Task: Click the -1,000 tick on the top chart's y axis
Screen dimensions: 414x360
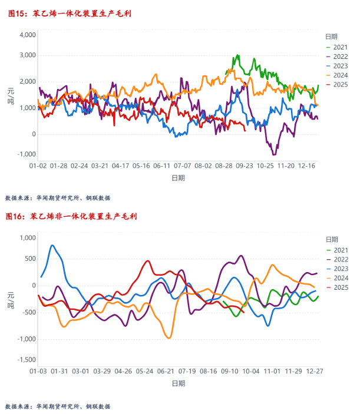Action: click(x=26, y=154)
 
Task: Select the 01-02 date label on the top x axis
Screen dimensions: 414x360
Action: click(x=38, y=166)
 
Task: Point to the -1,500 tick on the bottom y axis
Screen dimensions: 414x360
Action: click(x=26, y=360)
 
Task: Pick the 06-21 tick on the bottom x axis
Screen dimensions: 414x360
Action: click(x=166, y=372)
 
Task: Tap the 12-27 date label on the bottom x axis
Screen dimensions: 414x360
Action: click(x=313, y=372)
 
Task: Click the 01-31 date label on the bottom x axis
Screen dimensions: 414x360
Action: click(x=60, y=372)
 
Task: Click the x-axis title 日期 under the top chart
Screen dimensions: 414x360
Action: click(x=178, y=177)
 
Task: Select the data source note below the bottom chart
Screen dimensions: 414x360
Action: click(x=57, y=406)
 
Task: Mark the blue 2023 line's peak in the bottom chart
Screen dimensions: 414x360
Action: click(x=52, y=245)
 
